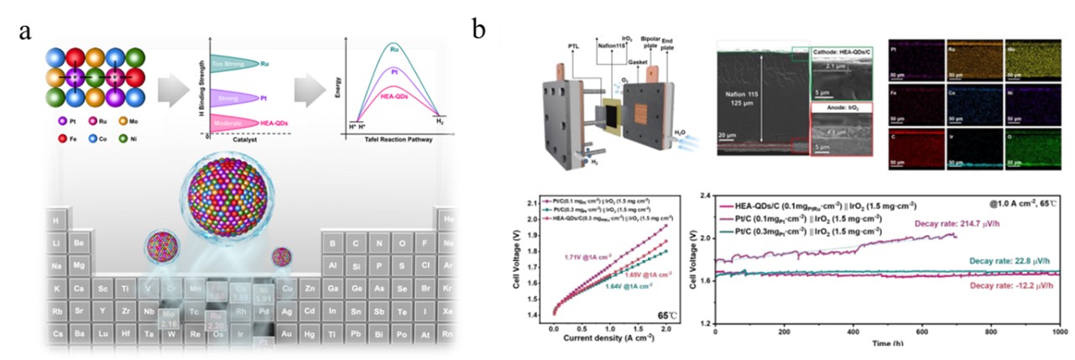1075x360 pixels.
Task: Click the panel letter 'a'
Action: [26, 33]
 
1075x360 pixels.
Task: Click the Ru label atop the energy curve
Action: [394, 49]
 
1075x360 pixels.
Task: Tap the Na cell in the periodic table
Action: [56, 266]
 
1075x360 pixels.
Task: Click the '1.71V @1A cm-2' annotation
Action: [590, 253]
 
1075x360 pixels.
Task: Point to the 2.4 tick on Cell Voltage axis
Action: [703, 196]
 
